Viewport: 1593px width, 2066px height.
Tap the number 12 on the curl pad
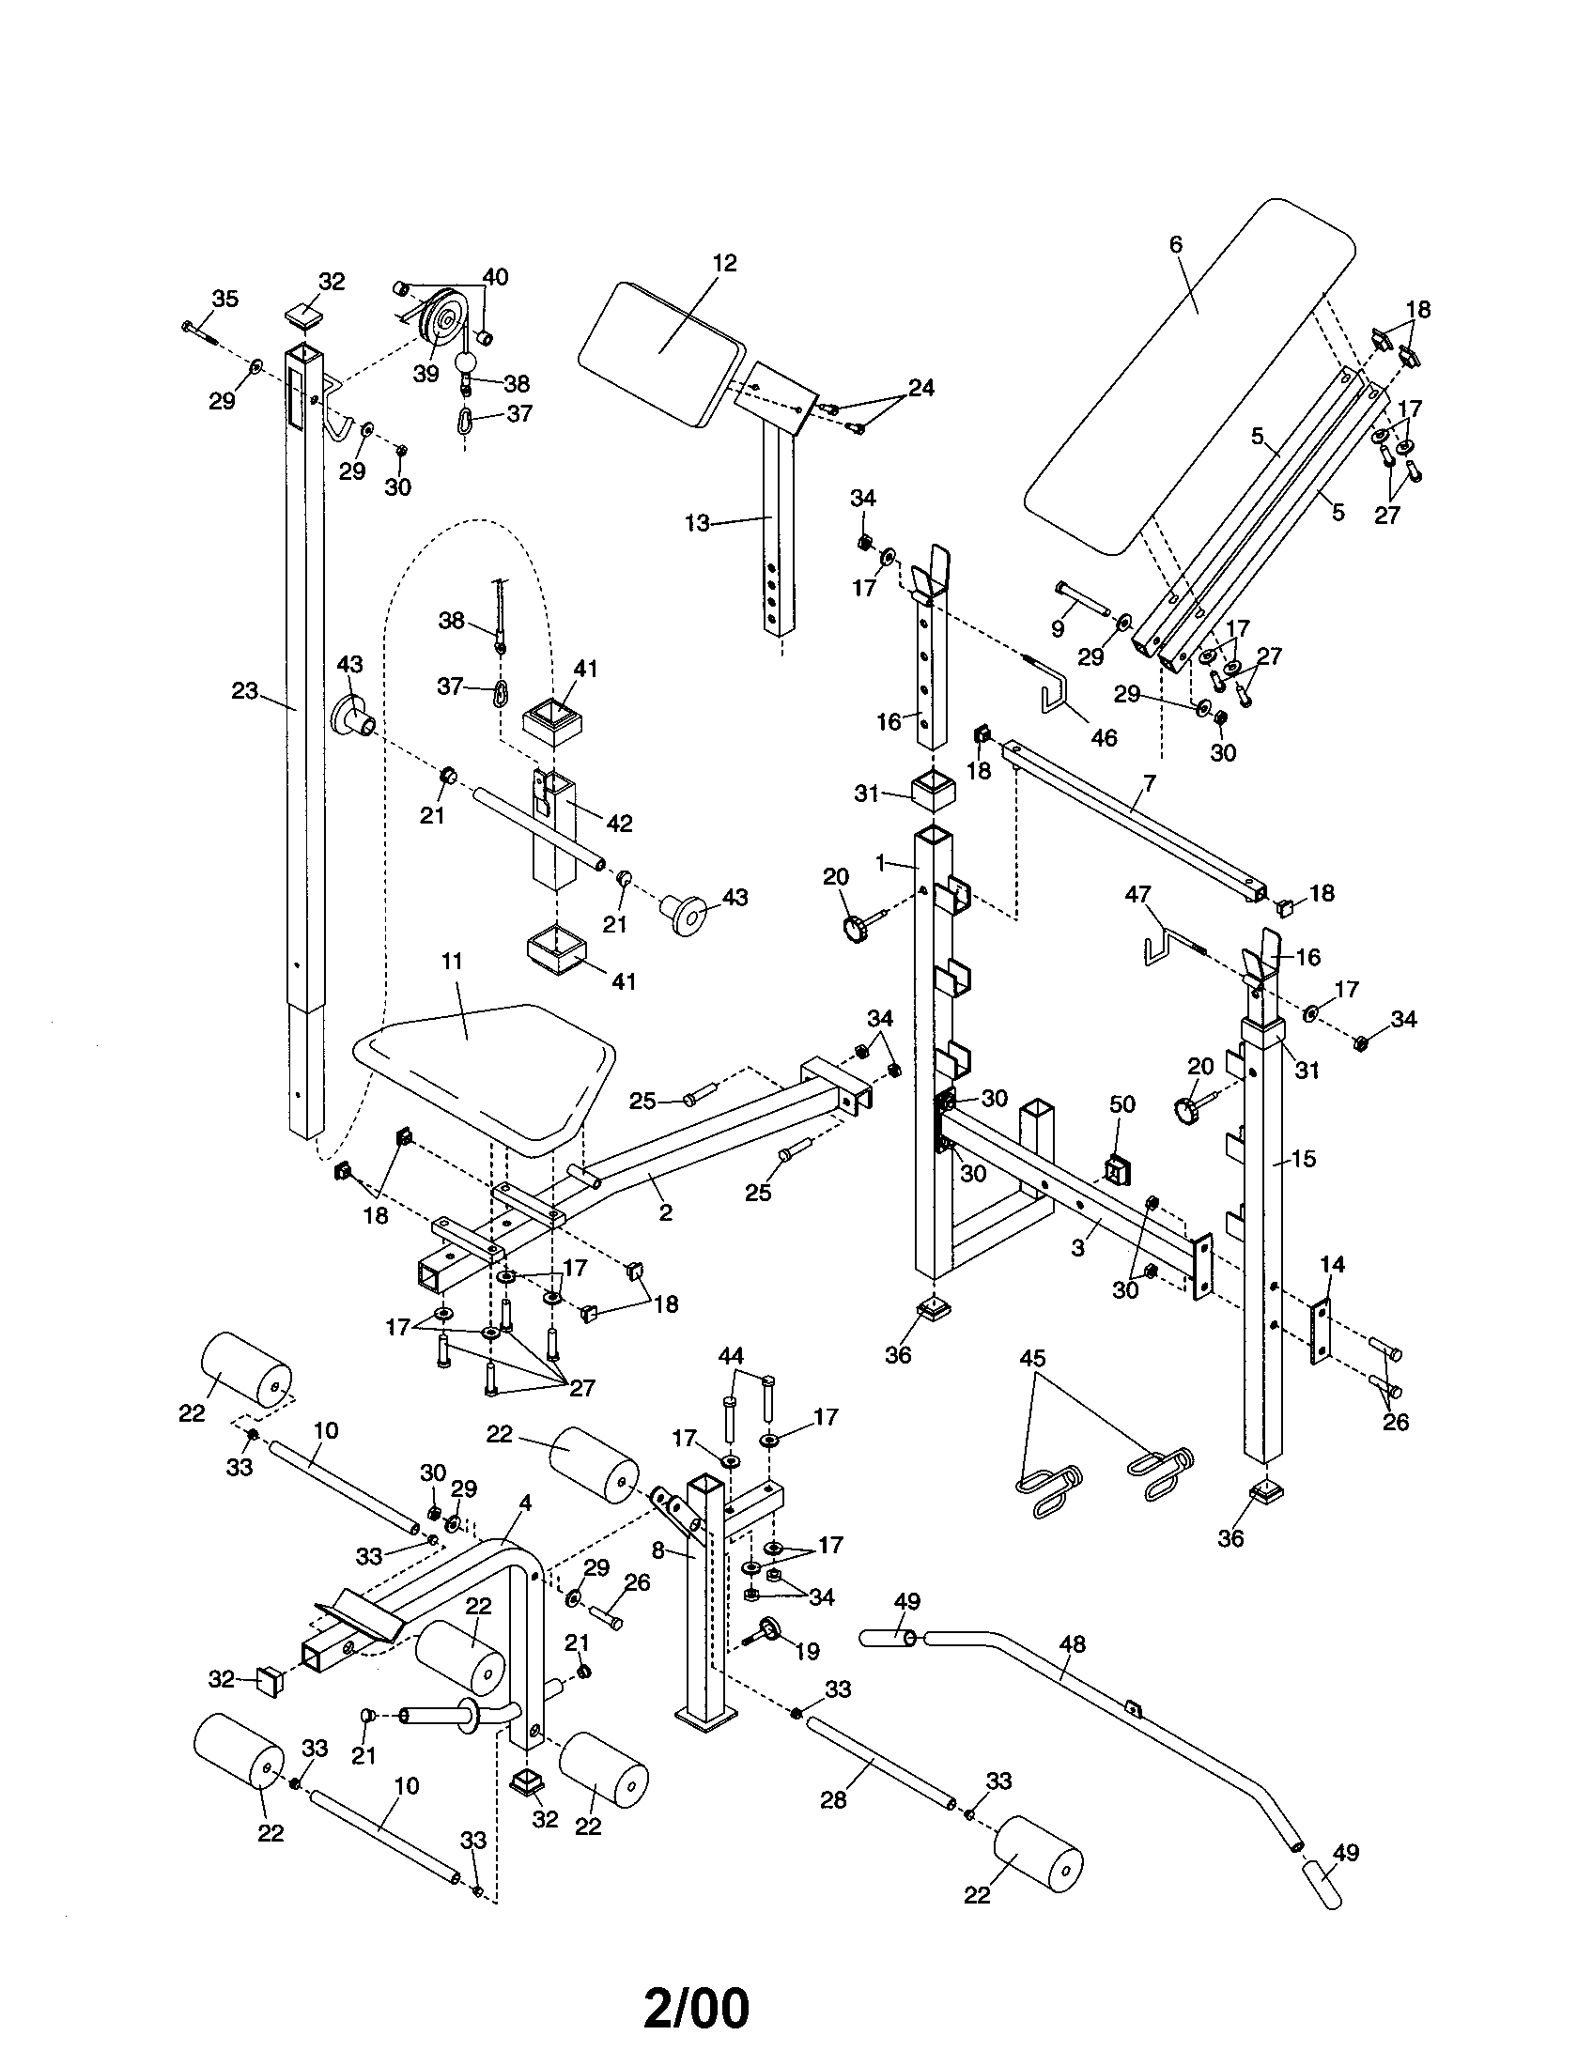[724, 262]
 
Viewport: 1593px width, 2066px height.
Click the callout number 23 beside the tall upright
[245, 691]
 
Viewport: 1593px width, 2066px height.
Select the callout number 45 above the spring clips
[1033, 1359]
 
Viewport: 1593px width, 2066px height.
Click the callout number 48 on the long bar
[1072, 1645]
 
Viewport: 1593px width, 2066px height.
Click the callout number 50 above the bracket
[1121, 1104]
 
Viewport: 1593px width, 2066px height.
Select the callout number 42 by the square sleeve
[619, 823]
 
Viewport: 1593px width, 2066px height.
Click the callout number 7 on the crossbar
[1150, 783]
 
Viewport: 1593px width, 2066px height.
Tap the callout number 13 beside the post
[697, 523]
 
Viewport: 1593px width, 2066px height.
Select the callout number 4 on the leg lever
[525, 1503]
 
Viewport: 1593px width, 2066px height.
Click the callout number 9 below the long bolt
[1058, 629]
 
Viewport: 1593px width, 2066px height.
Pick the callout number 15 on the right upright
[1304, 1158]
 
